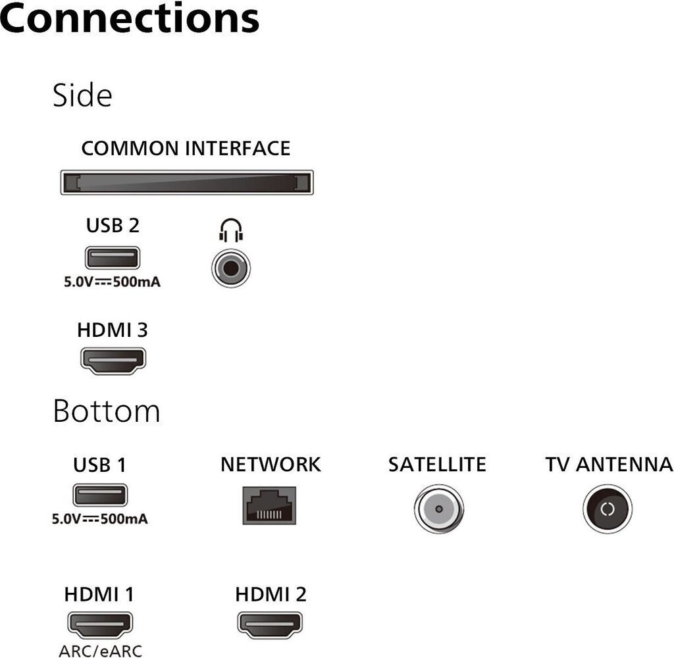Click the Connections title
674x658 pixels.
pyautogui.click(x=130, y=18)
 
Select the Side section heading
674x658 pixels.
pyautogui.click(x=82, y=95)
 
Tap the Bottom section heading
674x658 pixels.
pyautogui.click(x=107, y=411)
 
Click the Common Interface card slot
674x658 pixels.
pyautogui.click(x=187, y=182)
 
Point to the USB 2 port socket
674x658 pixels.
pyautogui.click(x=113, y=258)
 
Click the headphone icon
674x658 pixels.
pyautogui.click(x=231, y=230)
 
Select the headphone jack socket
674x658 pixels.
pyautogui.click(x=231, y=268)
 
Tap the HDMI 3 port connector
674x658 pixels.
pyautogui.click(x=113, y=360)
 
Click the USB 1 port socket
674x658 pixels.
pyautogui.click(x=100, y=495)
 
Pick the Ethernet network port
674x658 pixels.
pyautogui.click(x=269, y=505)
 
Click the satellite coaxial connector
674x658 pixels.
pyautogui.click(x=439, y=509)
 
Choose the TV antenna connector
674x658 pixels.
pyautogui.click(x=608, y=509)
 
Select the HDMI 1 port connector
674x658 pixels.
pyautogui.click(x=100, y=624)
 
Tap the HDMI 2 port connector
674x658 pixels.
pyautogui.click(x=270, y=624)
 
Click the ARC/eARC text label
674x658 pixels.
pyautogui.click(x=101, y=651)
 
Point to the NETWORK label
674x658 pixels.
pyautogui.click(x=271, y=464)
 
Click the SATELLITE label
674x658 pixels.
pyautogui.click(x=437, y=464)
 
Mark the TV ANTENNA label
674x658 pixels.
pyautogui.click(x=609, y=464)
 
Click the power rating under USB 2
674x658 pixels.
pyautogui.click(x=112, y=282)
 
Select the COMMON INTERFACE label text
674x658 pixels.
pyautogui.click(x=186, y=148)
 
